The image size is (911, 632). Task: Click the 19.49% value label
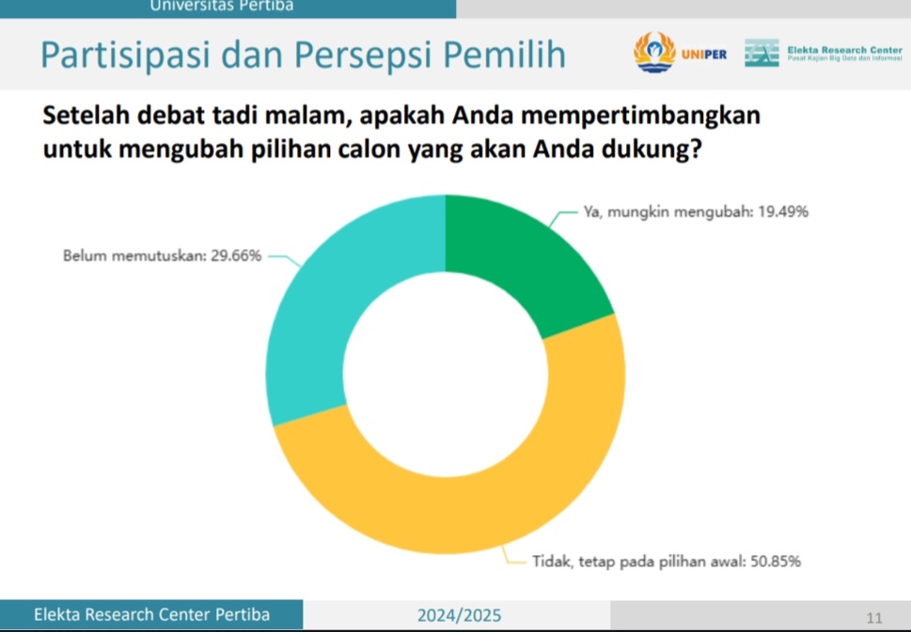point(782,212)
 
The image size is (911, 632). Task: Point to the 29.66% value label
point(236,255)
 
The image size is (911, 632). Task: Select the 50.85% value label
point(776,562)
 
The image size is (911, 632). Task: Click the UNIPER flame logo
point(654,53)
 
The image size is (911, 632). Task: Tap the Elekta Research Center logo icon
point(762,53)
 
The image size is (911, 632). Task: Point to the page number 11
point(873,618)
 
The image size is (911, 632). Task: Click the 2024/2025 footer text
point(459,615)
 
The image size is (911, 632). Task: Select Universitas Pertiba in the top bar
point(221,6)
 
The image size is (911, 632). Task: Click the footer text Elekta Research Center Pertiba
point(151,614)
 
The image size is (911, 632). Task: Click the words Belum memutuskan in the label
point(134,255)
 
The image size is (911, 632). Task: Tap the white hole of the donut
point(446,375)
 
